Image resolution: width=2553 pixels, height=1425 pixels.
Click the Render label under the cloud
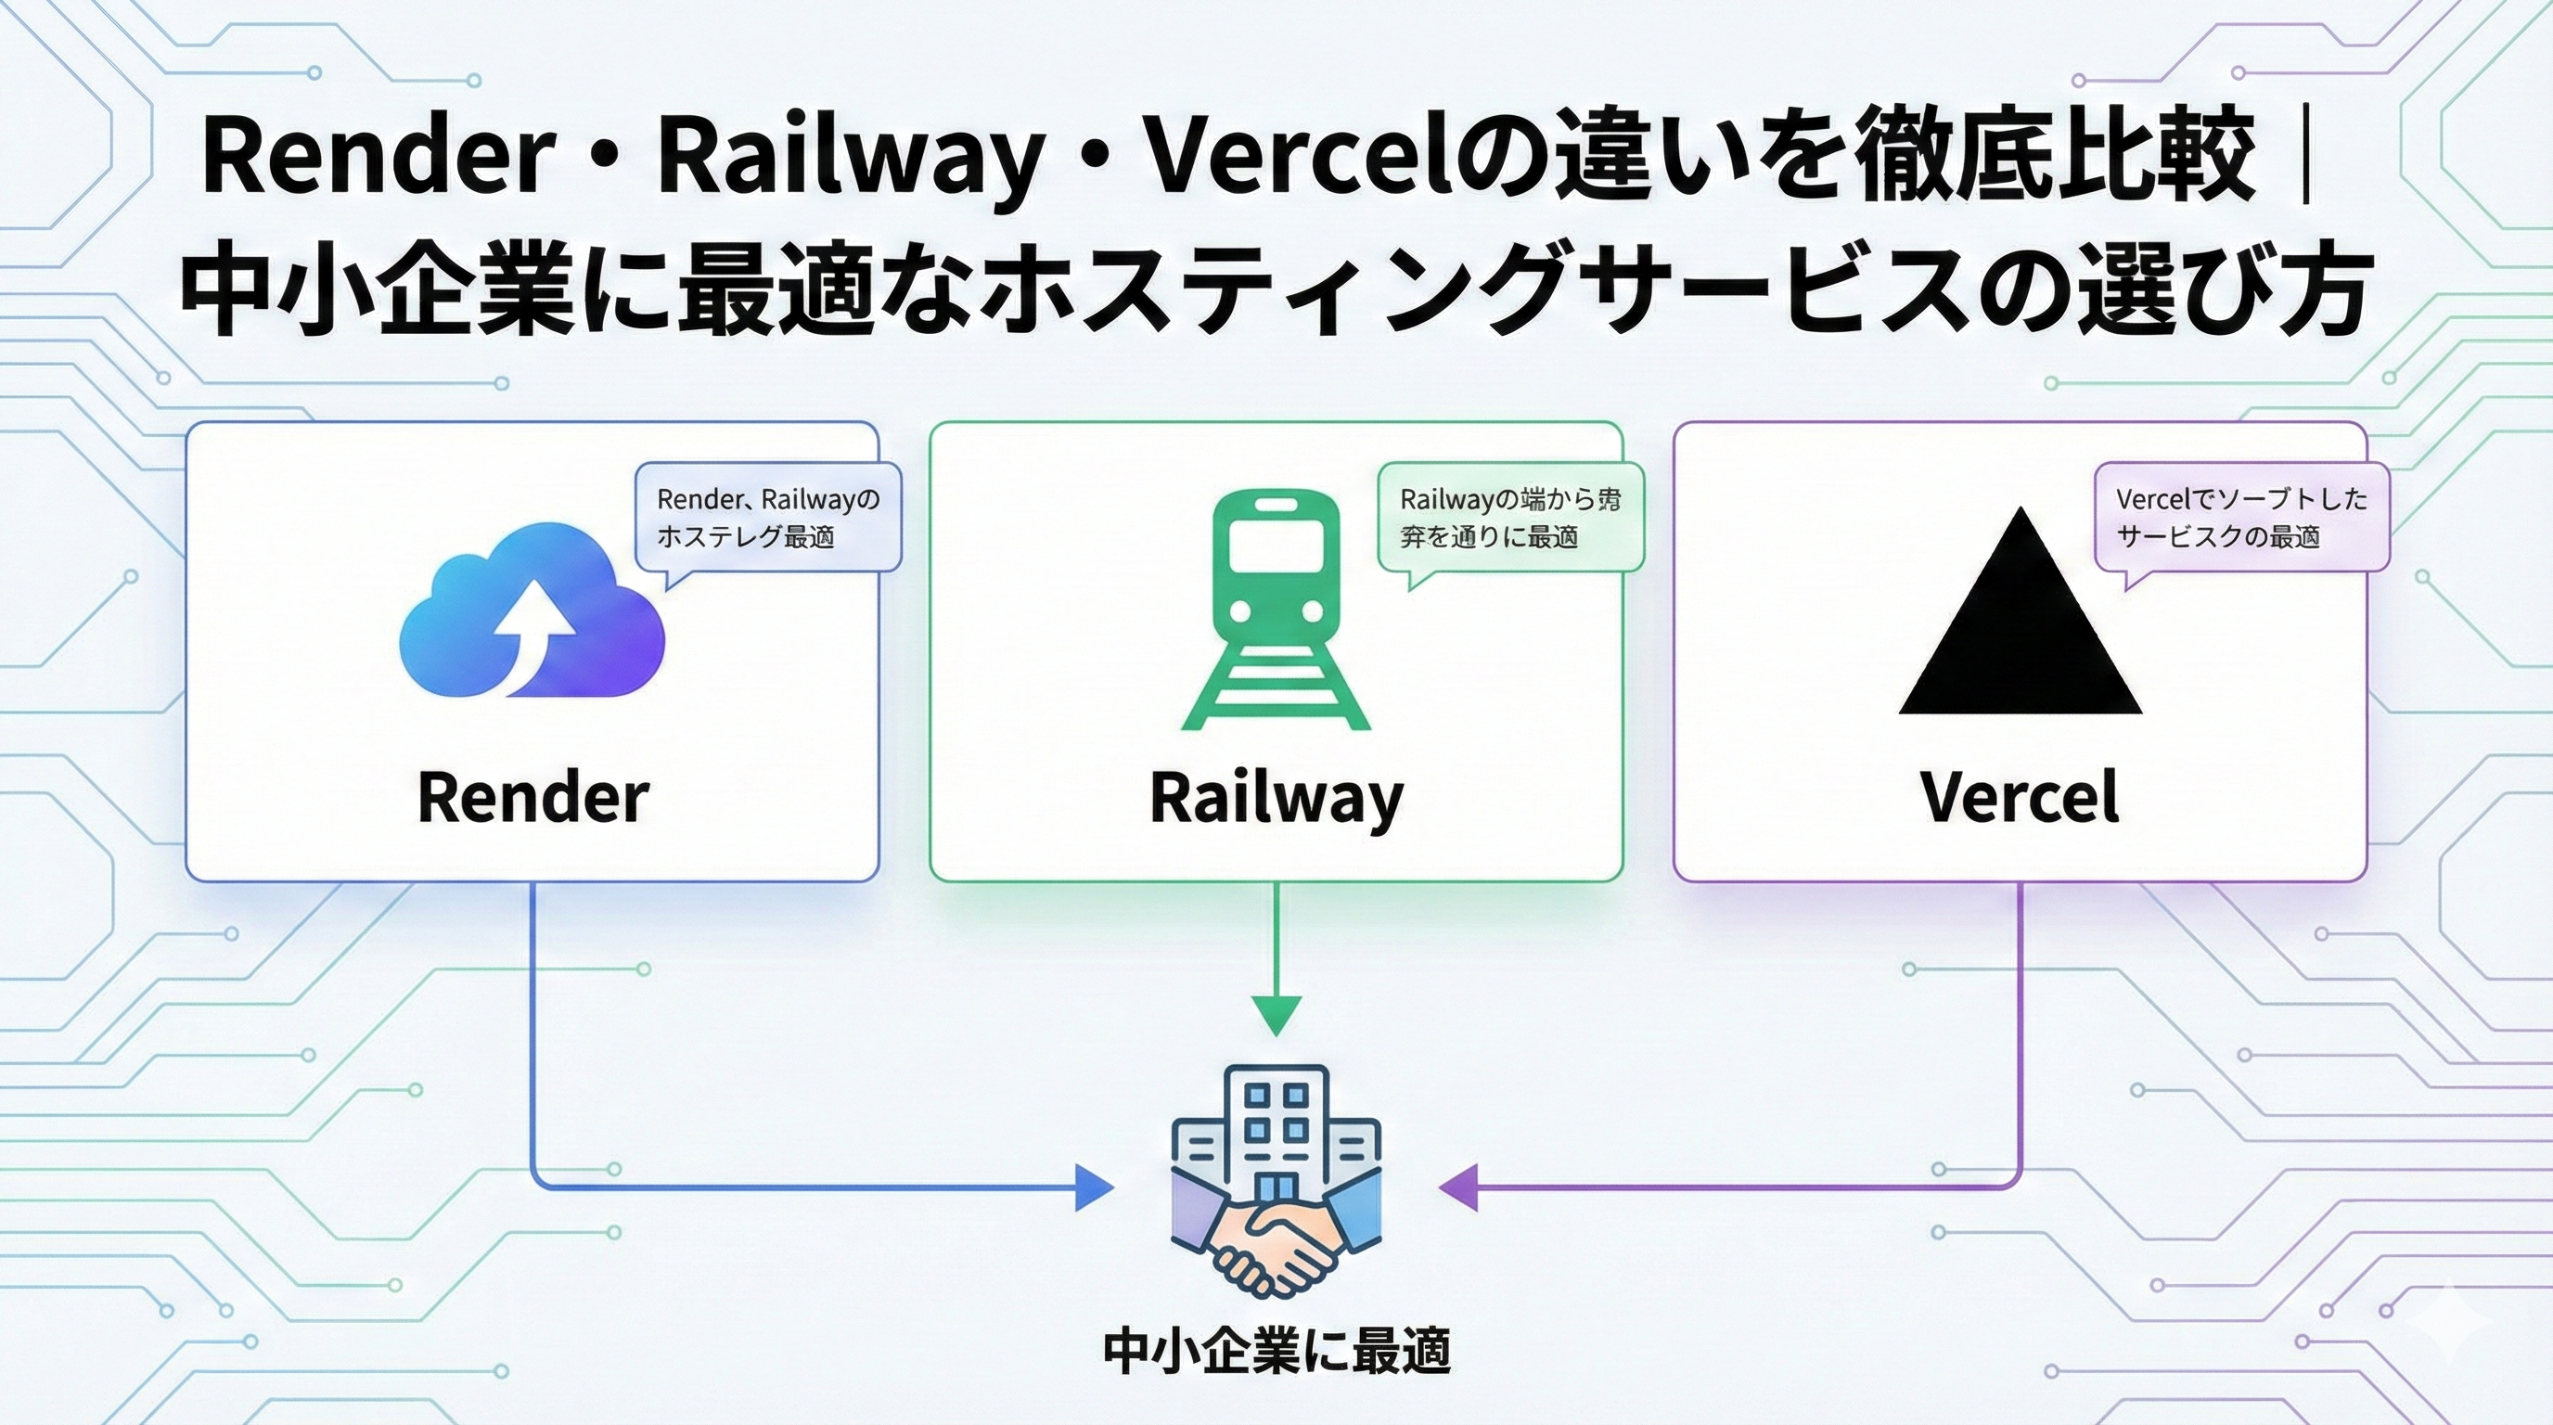point(532,797)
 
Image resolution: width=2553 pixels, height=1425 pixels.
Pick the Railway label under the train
point(1276,799)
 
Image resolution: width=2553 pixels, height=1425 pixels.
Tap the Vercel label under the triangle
point(2020,797)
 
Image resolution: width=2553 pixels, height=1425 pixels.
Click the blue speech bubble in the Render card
point(768,519)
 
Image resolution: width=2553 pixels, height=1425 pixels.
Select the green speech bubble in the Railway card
point(1509,519)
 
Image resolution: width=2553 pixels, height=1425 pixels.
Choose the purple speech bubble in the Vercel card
point(2242,519)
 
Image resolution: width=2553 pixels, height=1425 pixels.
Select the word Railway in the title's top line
point(847,159)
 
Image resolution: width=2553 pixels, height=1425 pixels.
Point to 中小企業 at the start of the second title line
point(377,289)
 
